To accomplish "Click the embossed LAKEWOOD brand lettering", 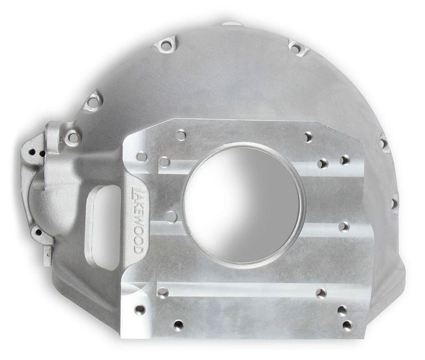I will (x=136, y=219).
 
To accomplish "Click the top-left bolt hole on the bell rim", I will (x=165, y=46).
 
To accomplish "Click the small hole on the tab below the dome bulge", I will (x=38, y=233).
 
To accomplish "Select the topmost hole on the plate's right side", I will (x=308, y=138).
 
